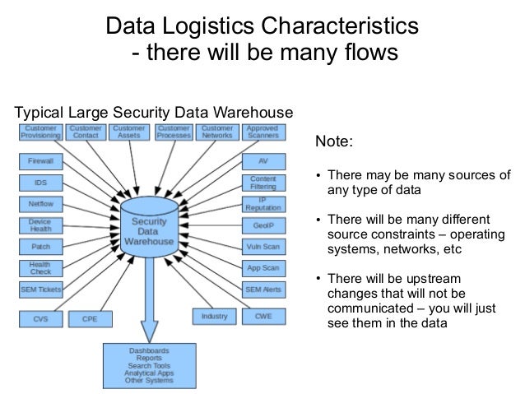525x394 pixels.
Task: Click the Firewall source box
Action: (39, 161)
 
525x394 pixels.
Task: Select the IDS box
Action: (39, 183)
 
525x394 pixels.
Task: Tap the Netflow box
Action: (39, 203)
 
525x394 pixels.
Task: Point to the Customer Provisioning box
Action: (39, 132)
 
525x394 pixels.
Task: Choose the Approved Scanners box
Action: (262, 132)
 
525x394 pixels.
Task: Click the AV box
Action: (262, 161)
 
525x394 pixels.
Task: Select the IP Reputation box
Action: (262, 204)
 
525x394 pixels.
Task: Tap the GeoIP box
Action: (262, 225)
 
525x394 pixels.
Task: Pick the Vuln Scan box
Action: (262, 247)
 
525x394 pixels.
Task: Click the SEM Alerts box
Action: (262, 290)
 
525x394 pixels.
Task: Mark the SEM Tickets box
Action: (39, 290)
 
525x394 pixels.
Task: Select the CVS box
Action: (39, 317)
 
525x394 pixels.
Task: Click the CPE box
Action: (89, 317)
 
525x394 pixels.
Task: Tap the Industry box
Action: (214, 316)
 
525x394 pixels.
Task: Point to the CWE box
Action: (262, 316)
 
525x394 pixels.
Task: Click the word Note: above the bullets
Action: (334, 141)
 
